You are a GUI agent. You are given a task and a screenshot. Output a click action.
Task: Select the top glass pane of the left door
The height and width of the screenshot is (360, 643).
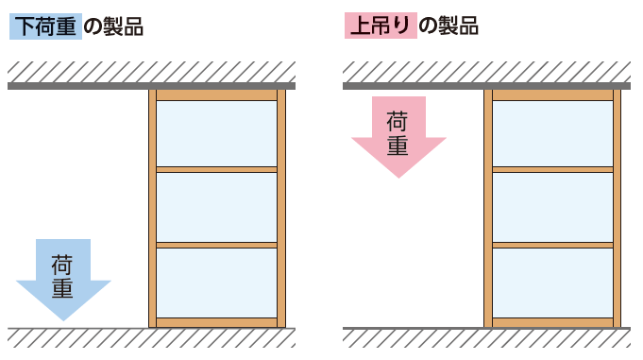point(216,133)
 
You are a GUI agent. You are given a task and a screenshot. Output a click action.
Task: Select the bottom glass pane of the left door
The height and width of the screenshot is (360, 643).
point(216,283)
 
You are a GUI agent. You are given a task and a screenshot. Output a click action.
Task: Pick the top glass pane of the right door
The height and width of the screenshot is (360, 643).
point(552,133)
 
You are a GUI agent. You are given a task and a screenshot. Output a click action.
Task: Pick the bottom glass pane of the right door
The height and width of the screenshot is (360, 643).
point(552,283)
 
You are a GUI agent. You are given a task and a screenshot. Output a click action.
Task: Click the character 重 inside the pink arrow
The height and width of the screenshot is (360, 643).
point(398,146)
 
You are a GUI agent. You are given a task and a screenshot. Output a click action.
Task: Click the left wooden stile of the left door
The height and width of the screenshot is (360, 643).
point(152,208)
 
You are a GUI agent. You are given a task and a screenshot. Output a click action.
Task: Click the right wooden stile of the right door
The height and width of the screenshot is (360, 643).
point(617,208)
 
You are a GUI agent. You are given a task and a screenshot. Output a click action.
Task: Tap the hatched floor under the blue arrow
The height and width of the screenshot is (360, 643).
point(63,336)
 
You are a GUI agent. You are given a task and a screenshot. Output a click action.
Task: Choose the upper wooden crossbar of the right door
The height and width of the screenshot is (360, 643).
point(552,169)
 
